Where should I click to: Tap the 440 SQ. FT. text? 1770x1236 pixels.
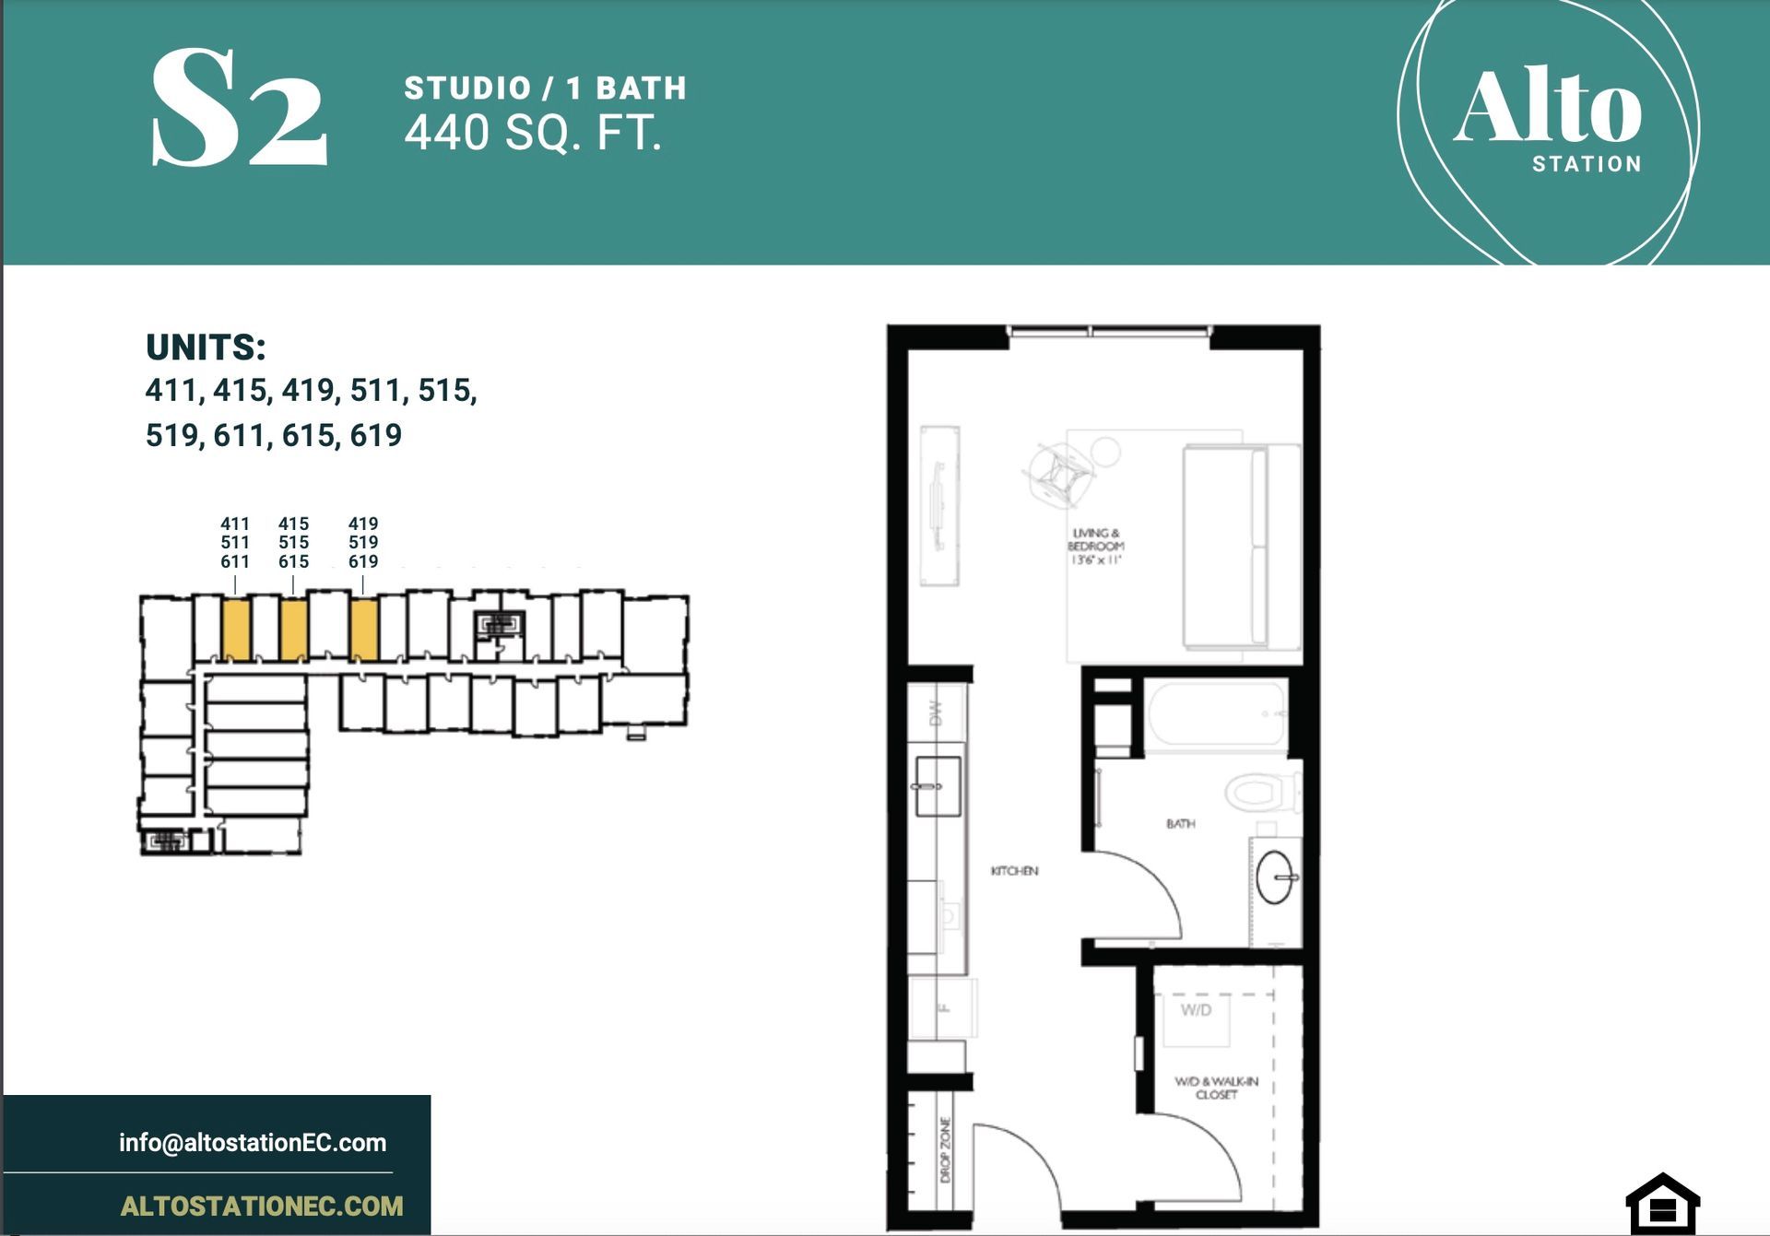533,133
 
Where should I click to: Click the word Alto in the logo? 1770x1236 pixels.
1547,108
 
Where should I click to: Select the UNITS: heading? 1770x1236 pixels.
206,347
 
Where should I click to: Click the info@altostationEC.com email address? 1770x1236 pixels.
253,1143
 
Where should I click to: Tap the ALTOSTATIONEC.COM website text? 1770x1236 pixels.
262,1206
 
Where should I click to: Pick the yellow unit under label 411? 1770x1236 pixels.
236,630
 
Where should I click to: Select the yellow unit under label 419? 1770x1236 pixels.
364,630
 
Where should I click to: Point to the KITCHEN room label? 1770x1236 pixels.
1014,871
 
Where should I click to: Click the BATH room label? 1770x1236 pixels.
1180,824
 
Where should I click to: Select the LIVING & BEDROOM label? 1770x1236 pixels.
1095,546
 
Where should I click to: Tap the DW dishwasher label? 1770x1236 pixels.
936,713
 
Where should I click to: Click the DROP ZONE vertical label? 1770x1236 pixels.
945,1149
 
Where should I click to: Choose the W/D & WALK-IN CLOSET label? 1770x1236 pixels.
1216,1088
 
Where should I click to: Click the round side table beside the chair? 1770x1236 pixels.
1104,451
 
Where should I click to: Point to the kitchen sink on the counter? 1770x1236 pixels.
938,787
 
